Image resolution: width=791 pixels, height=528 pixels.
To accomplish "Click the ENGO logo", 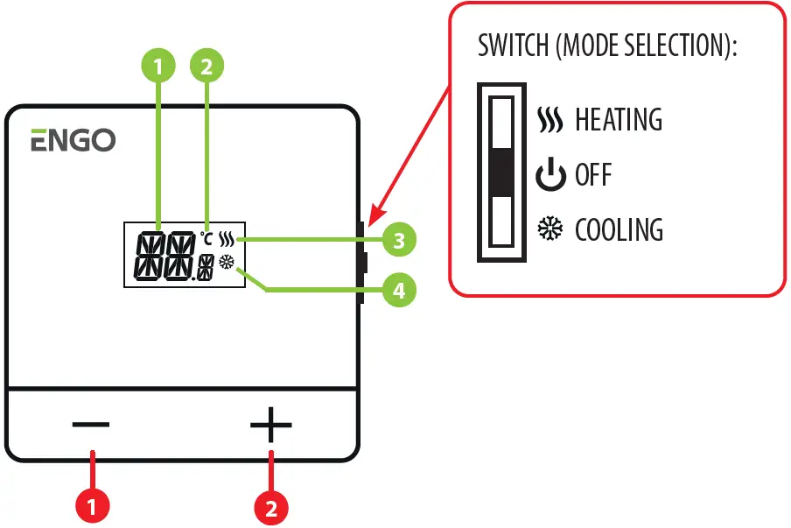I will click(73, 140).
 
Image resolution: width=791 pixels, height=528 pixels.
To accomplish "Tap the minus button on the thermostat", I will click(91, 426).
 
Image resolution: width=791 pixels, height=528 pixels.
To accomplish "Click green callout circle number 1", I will click(158, 65).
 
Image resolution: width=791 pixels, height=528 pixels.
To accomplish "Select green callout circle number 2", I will click(206, 65).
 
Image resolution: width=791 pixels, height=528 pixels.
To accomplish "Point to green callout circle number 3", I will click(398, 240).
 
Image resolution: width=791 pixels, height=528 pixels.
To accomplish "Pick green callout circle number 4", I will click(398, 290).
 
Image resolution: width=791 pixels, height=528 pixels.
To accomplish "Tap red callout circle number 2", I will click(271, 506).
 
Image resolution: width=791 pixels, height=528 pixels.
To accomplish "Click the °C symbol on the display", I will click(206, 237).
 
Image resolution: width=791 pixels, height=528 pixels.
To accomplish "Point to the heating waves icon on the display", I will click(227, 238).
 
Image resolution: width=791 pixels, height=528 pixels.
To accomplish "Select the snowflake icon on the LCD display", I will click(227, 262).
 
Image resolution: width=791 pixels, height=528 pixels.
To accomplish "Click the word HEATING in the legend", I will click(618, 120).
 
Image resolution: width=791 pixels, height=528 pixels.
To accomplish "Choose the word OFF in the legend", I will click(593, 175).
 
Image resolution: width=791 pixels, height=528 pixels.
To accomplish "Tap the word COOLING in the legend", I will click(619, 230).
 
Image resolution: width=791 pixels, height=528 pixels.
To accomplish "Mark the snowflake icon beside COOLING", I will click(550, 230).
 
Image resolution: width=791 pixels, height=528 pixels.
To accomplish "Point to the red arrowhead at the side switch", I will click(373, 215).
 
